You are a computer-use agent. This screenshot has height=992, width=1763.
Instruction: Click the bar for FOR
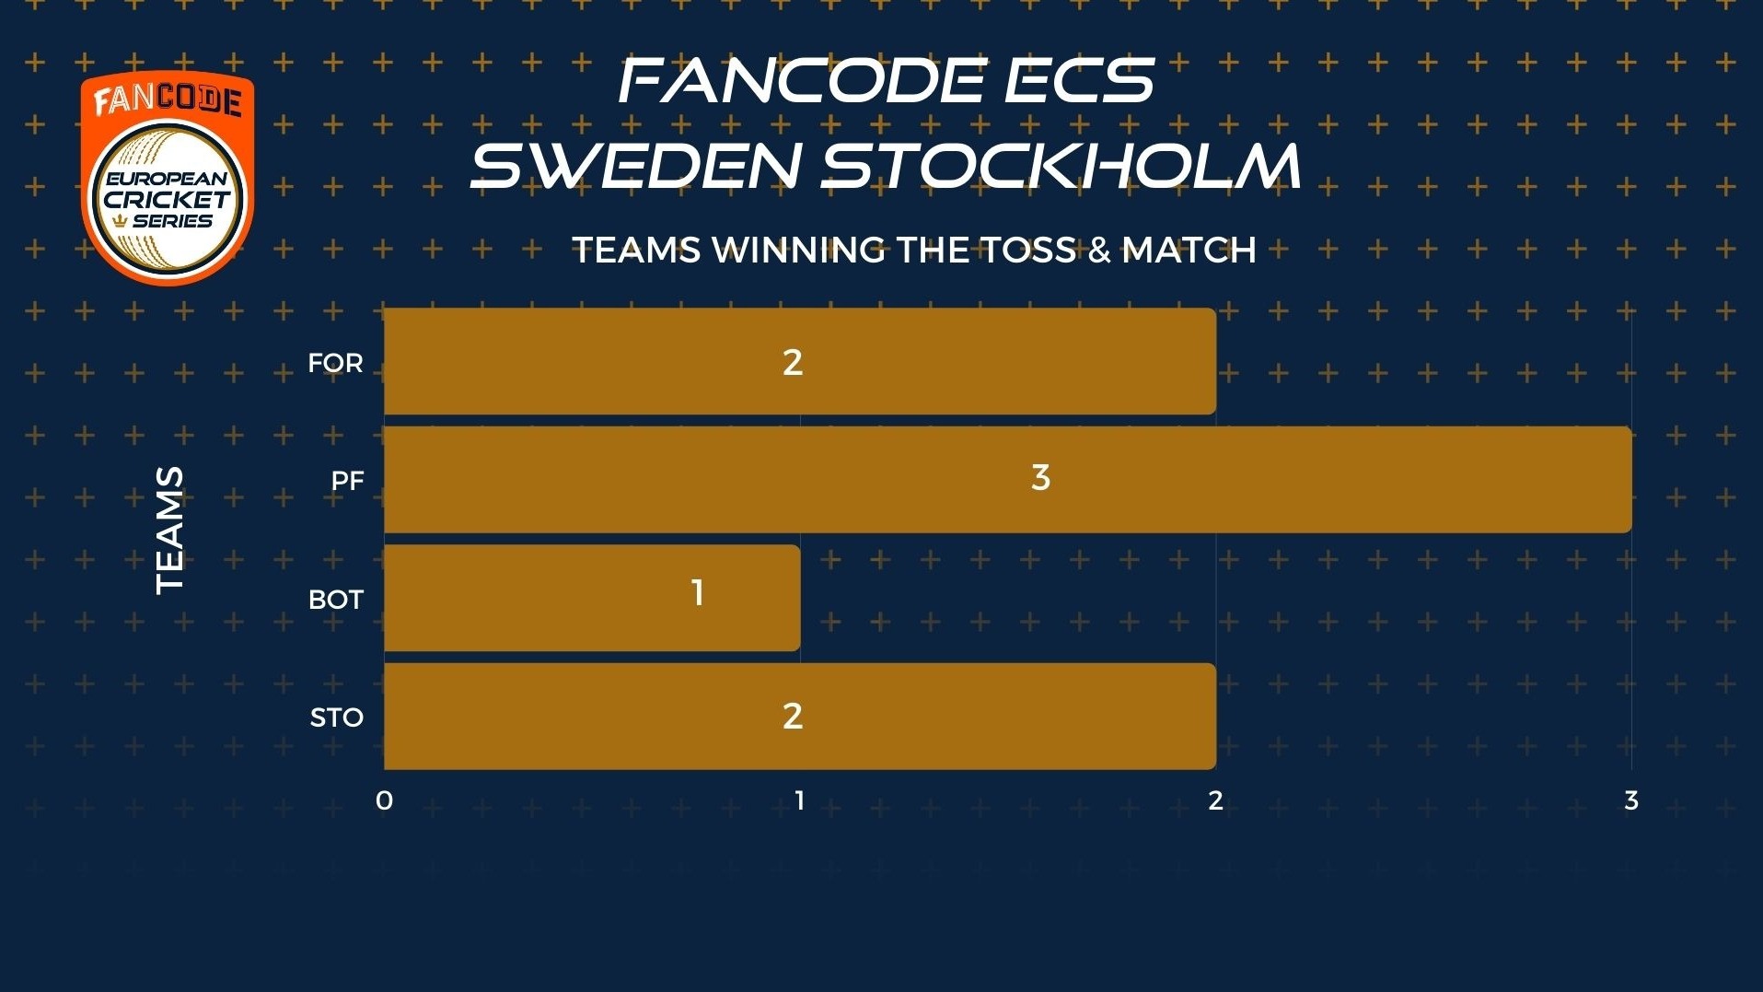(x=800, y=361)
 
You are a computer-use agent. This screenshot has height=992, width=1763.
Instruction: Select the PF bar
(x=1008, y=479)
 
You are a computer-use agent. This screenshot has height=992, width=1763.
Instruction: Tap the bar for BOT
(x=592, y=598)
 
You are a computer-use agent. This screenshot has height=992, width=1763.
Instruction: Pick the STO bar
(x=800, y=716)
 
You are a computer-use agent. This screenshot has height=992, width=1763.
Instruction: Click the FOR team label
(x=335, y=363)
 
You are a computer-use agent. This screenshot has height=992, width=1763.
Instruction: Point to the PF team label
(x=348, y=481)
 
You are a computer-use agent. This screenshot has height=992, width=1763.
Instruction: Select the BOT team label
(x=336, y=600)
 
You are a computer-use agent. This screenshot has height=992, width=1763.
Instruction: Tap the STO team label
(x=337, y=718)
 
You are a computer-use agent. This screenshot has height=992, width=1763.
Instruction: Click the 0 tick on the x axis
(x=384, y=800)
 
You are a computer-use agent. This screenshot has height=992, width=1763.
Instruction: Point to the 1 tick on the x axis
(x=800, y=800)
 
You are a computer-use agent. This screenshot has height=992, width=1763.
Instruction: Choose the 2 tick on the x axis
(x=1215, y=800)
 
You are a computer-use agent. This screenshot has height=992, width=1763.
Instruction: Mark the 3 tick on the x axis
(x=1631, y=800)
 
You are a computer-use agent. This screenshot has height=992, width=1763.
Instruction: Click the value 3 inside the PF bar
(x=1040, y=477)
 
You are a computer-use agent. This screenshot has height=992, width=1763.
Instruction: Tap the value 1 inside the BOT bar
(x=698, y=592)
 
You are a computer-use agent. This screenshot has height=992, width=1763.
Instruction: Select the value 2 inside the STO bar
(x=793, y=716)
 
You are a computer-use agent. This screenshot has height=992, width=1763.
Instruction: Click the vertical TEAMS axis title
(x=170, y=530)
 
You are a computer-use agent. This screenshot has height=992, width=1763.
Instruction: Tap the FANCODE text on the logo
(x=168, y=99)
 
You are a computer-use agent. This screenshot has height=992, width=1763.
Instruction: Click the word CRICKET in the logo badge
(x=167, y=200)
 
